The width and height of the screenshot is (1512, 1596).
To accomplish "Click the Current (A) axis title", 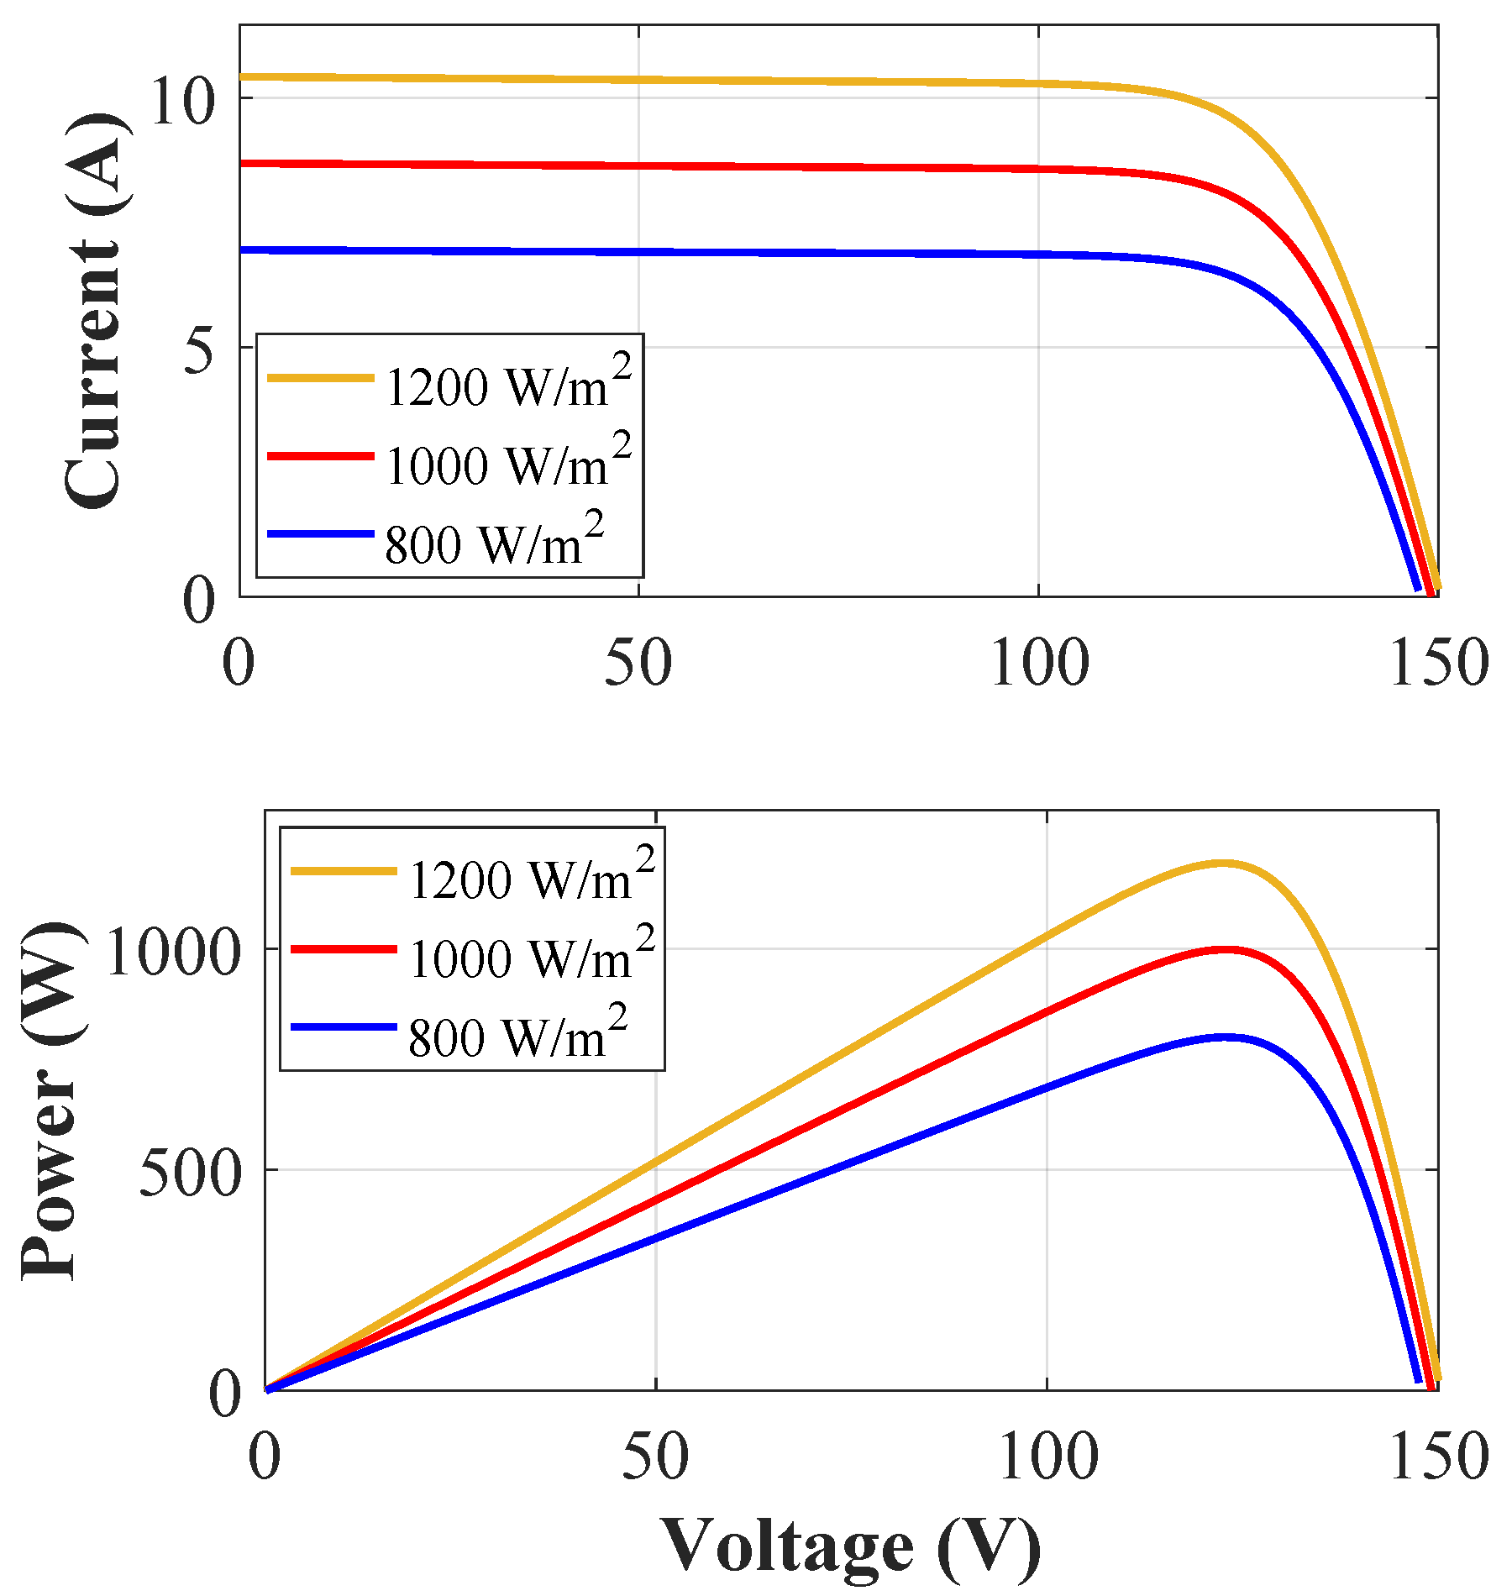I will [97, 311].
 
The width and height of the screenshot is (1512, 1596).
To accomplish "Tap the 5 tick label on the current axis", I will [199, 350].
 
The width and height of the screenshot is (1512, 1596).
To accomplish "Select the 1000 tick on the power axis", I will [173, 953].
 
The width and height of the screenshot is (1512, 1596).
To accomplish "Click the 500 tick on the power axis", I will [190, 1173].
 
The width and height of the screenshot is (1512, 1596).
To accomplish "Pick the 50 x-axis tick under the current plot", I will [638, 664].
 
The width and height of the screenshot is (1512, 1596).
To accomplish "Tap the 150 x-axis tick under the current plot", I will [1439, 664].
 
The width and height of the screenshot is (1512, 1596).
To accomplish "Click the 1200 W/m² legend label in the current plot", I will [507, 385].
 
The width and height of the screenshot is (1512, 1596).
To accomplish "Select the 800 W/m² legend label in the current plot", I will [494, 542].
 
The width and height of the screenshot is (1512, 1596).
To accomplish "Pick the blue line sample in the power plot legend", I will [343, 1026].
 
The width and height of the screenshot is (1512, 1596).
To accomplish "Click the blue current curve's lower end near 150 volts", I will [1418, 589].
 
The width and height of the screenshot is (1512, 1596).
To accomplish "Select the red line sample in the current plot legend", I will [319, 455].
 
